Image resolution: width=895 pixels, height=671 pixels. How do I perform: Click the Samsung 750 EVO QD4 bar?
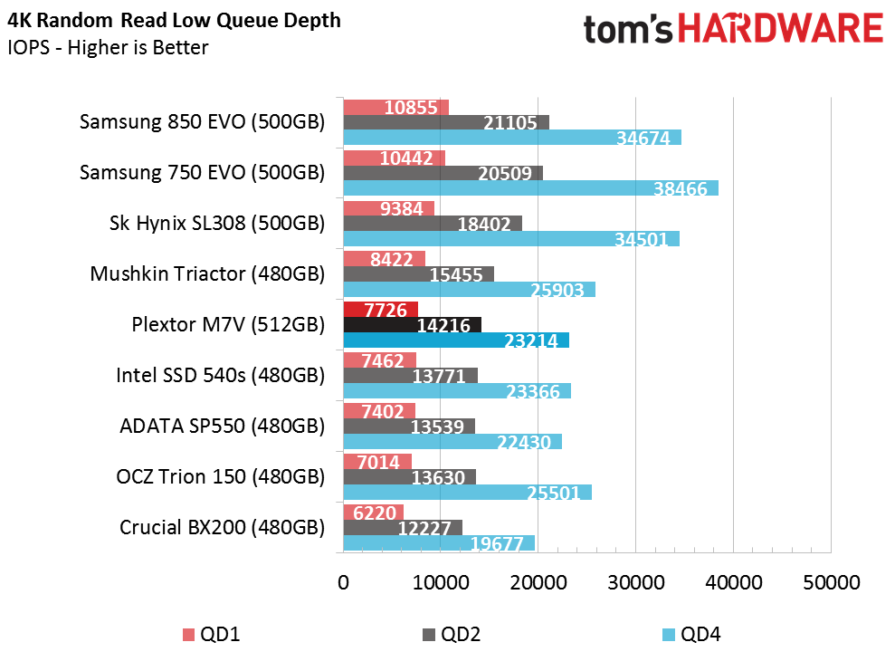click(x=530, y=188)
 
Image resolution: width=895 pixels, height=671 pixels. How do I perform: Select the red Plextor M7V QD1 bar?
click(x=380, y=310)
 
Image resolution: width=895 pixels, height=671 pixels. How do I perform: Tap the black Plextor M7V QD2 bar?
click(x=412, y=325)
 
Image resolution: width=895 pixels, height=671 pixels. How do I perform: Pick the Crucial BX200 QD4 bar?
click(x=438, y=543)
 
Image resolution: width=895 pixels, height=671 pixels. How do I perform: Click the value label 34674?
click(x=643, y=139)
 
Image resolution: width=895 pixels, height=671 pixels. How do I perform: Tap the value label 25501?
click(x=554, y=494)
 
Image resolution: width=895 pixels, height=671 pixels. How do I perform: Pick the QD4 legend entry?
click(x=691, y=635)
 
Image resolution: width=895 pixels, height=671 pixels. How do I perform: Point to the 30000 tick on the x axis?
click(x=635, y=583)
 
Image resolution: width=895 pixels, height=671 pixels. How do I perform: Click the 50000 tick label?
click(x=831, y=583)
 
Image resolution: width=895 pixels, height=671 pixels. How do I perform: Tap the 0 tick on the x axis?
click(x=343, y=583)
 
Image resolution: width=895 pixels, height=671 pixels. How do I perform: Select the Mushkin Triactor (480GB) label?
click(x=207, y=273)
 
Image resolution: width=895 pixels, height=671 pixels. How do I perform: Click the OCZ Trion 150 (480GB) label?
click(x=220, y=476)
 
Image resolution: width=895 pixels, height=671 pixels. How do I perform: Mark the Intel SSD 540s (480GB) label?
click(x=220, y=375)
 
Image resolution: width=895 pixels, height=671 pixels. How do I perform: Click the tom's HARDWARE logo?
click(x=733, y=29)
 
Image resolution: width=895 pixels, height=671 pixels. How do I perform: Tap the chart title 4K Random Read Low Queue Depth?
click(x=174, y=20)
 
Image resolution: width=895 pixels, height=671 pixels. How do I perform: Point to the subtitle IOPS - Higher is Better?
click(x=108, y=47)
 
